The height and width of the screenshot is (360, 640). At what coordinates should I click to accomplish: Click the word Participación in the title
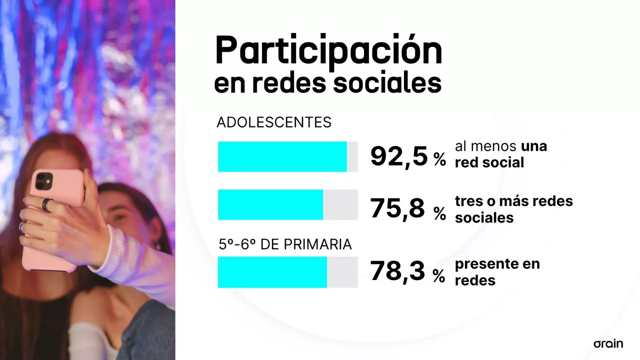pos(328,50)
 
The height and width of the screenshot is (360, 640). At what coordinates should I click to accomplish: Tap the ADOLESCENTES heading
pos(274,122)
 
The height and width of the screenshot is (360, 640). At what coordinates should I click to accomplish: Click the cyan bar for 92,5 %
pos(282,156)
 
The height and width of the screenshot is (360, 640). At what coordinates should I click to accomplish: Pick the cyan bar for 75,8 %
pos(270,204)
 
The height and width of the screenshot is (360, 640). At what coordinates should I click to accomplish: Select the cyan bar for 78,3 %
pos(272,272)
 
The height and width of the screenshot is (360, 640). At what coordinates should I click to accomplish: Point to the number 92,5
pos(399,156)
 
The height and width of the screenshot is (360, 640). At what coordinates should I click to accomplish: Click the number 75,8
pos(397,208)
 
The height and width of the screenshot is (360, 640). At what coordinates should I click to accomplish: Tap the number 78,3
pos(397,271)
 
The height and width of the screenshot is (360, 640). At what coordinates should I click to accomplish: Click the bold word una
pos(534,146)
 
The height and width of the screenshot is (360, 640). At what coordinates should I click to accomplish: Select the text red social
pos(489,162)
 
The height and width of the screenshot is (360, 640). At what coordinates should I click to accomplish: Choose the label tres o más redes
pos(513,201)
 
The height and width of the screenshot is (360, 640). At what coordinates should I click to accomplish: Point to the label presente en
pos(497,264)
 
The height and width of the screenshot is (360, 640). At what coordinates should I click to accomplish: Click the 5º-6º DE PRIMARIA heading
pos(285,244)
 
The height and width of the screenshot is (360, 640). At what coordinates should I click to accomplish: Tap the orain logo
pos(608,343)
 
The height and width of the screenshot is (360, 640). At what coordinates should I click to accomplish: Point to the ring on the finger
pos(47,204)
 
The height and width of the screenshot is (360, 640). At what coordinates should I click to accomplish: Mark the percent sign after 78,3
pos(438,275)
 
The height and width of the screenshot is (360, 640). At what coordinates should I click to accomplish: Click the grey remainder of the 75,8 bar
pos(340,204)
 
